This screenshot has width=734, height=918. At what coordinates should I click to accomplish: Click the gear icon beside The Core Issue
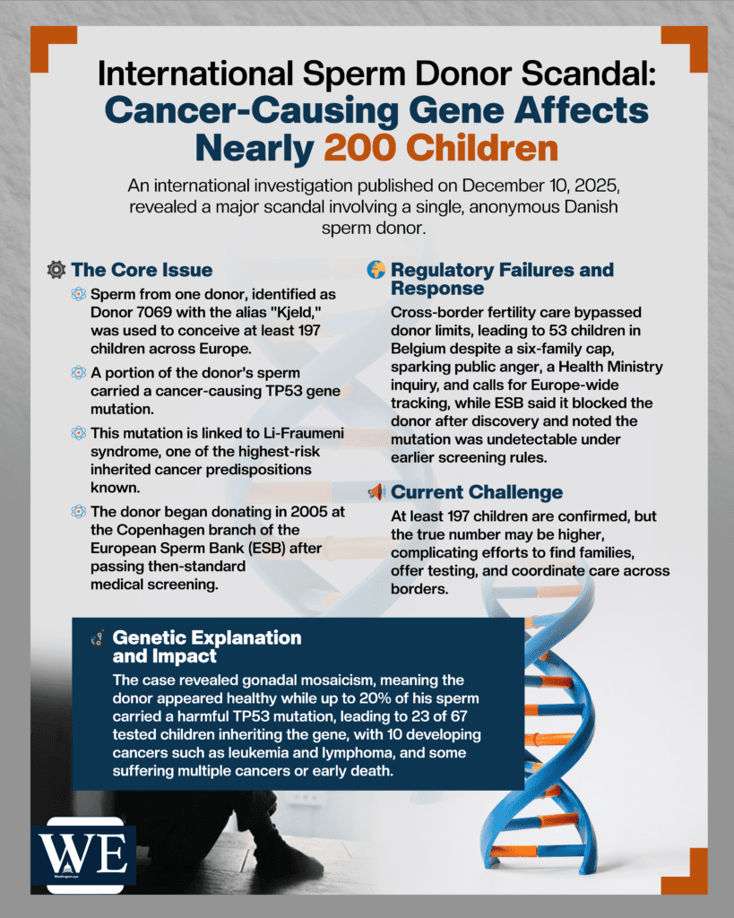pos(56,270)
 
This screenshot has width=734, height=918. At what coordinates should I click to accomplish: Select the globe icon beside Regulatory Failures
pos(377,270)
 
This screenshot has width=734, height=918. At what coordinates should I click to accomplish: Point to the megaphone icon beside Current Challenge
pos(377,492)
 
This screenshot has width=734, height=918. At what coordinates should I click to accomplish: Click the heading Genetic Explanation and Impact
pos(206,646)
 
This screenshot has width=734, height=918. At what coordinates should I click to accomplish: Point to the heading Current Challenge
pos(477,492)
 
